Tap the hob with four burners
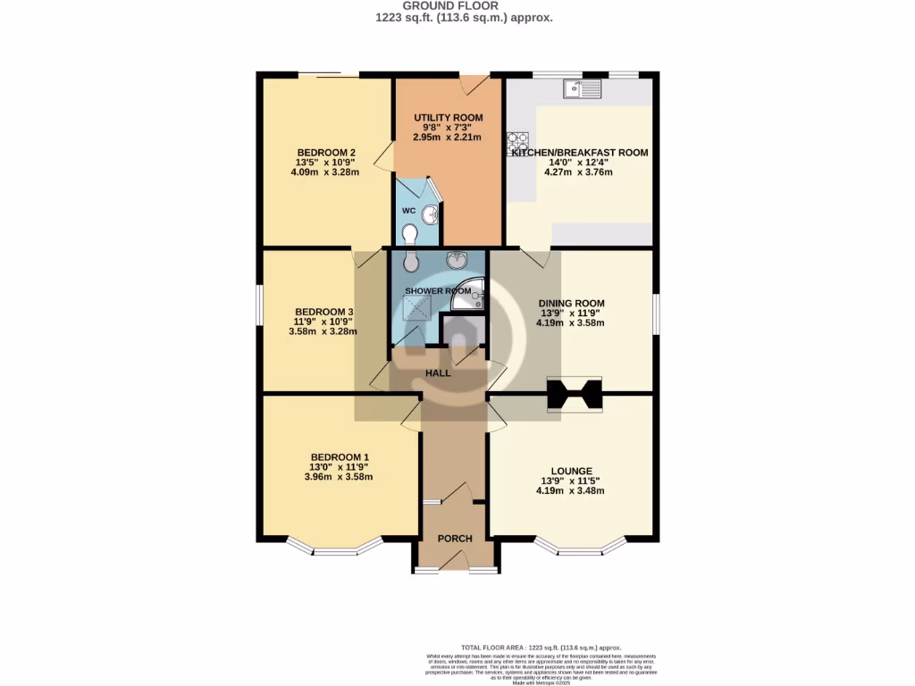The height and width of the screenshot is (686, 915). coord(518,143)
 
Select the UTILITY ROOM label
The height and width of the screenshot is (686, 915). coord(448,118)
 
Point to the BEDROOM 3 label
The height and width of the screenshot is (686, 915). coord(323,312)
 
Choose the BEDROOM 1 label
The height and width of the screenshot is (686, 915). coord(340,457)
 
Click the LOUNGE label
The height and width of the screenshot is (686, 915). coord(571,471)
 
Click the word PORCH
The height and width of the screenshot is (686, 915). coord(454,539)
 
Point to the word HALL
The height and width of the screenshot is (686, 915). coord(437,373)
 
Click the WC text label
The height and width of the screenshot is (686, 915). coord(408,211)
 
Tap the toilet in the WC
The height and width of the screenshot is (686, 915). coord(410,233)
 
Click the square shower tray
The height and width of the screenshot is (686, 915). coord(415,308)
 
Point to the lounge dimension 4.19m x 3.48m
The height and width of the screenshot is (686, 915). coord(571,490)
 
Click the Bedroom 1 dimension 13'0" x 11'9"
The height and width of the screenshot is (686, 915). coord(340,467)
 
